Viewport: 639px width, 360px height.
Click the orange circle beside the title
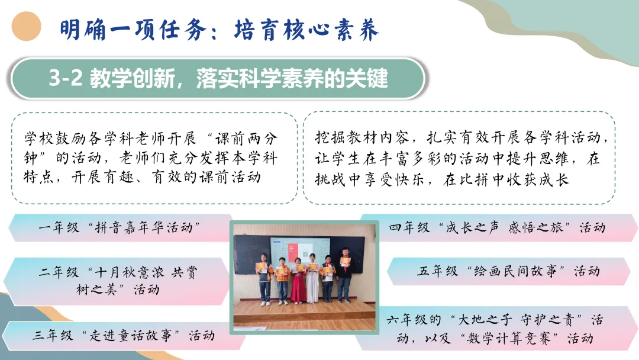tap(27, 26)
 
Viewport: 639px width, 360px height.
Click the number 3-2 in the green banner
tap(66, 78)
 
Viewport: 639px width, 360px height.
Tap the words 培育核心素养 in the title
tap(307, 30)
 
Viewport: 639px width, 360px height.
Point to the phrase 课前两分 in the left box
tap(246, 139)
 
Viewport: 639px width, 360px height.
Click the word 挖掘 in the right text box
tap(330, 138)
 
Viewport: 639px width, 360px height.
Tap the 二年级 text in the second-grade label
tap(59, 272)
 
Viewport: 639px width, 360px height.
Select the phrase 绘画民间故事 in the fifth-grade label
tap(515, 271)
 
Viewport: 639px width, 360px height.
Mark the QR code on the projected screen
tap(305, 254)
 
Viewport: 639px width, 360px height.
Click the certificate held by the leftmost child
tap(262, 267)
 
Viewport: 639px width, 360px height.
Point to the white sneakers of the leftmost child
tap(265, 303)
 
